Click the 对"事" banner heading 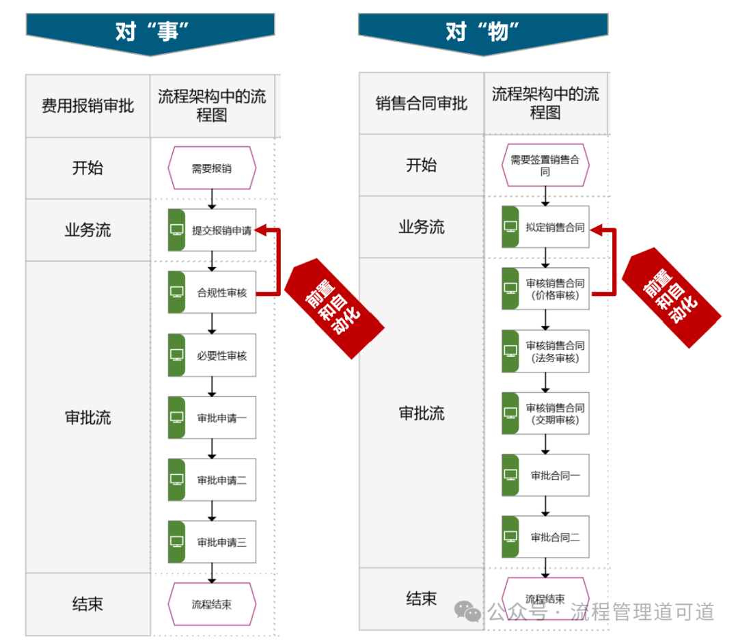pos(151,31)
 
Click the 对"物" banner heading pos(483,31)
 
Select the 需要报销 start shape pos(212,167)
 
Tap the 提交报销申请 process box pos(212,230)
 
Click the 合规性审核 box pos(212,293)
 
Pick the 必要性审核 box pos(212,355)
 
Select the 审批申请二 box pos(212,480)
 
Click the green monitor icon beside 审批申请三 pos(177,542)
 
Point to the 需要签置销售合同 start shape pos(545,165)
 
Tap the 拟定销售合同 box pos(545,228)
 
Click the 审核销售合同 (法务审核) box pos(545,351)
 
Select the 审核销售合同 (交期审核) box pos(545,413)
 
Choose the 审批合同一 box pos(545,476)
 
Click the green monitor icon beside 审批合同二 pos(510,537)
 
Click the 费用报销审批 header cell pos(88,106)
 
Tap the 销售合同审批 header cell pos(422,104)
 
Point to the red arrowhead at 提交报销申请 pos(262,230)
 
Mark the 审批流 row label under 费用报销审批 pos(88,418)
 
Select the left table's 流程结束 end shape pos(212,604)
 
